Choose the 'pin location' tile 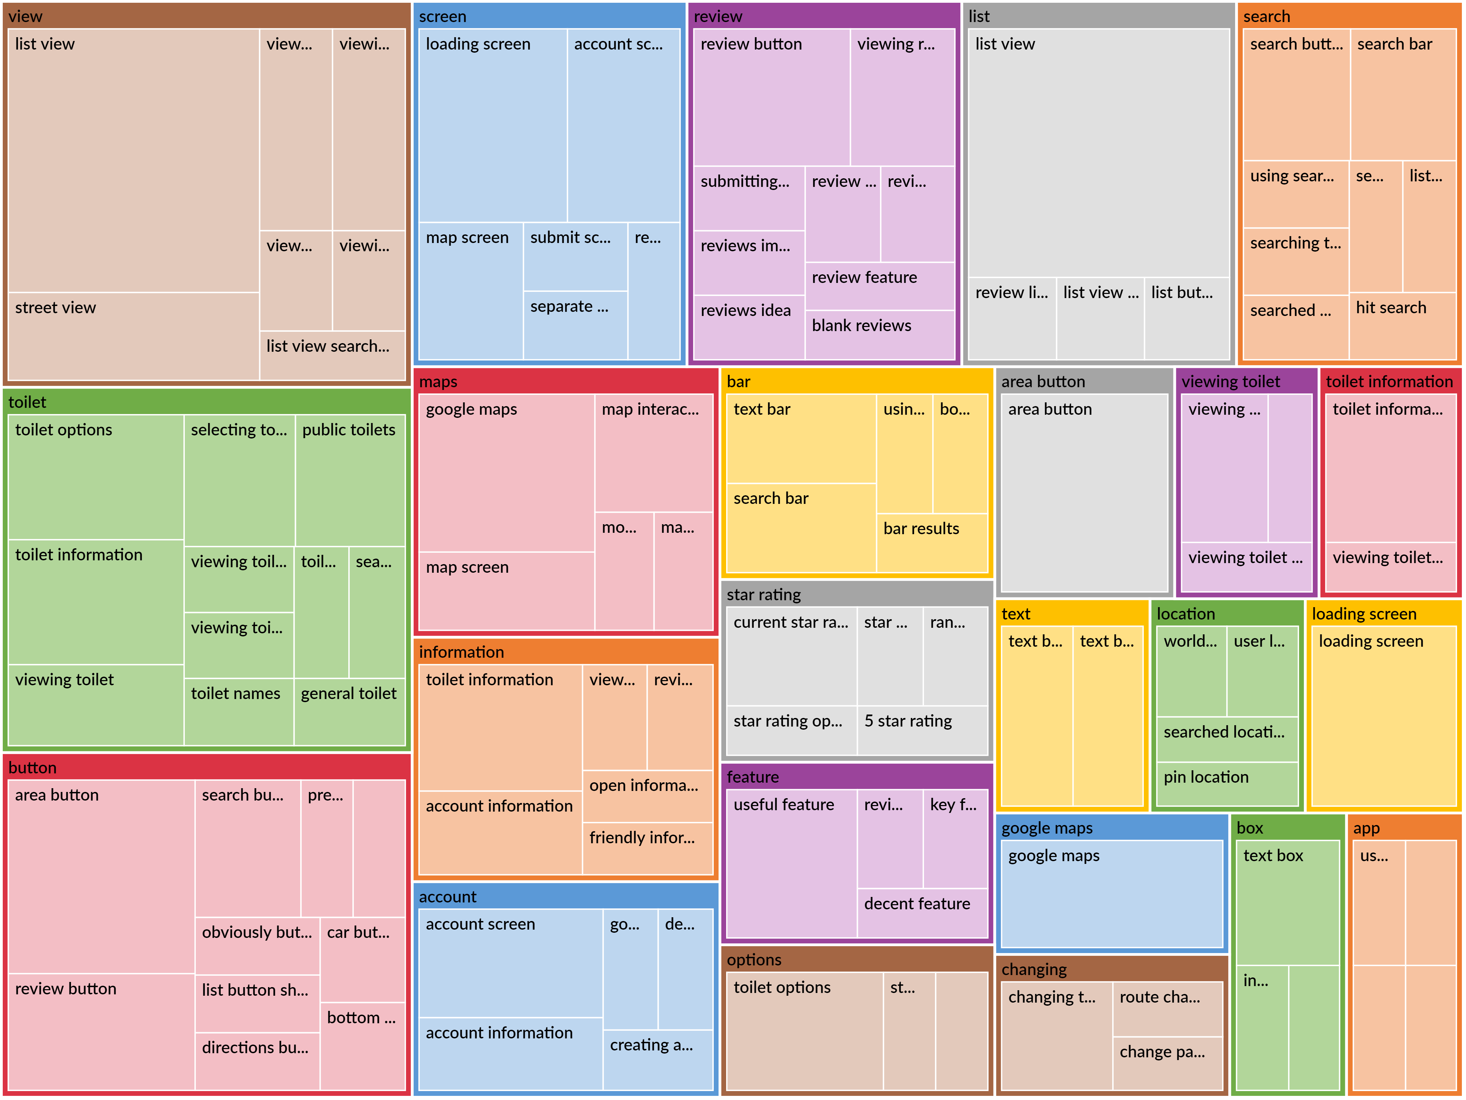(x=1227, y=784)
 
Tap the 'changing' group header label (x=1034, y=970)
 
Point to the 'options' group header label (x=754, y=960)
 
